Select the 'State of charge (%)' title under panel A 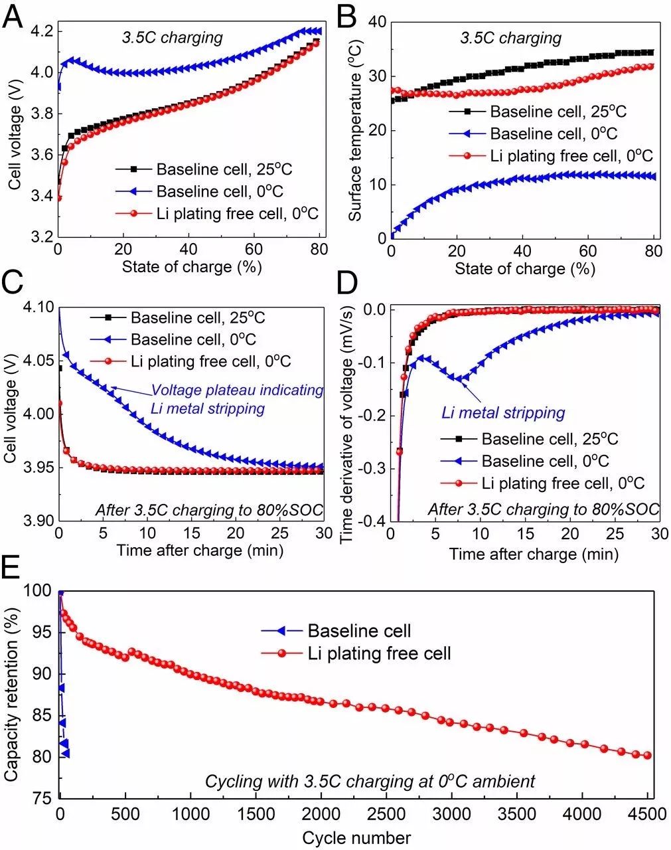192,267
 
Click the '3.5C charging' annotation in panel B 511,38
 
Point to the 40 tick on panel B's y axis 378,22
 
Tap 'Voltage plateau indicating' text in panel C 237,390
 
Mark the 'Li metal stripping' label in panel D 503,413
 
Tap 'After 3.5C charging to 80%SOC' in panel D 544,509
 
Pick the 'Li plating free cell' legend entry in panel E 379,653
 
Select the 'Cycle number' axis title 356,837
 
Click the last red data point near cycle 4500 647,756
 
